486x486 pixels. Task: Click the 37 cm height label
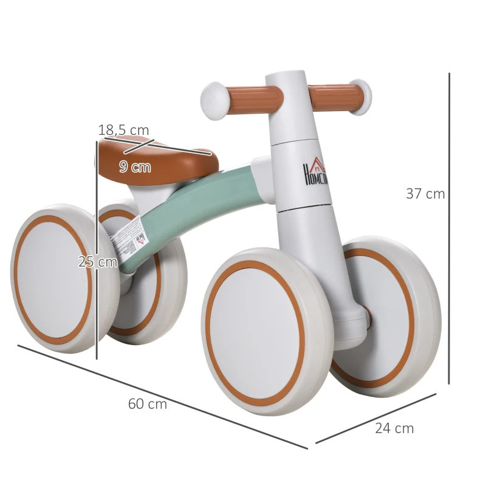click(425, 194)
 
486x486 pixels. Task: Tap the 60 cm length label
click(147, 404)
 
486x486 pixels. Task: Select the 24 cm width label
click(394, 428)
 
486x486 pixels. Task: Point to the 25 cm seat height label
click(97, 262)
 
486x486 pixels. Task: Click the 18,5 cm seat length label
click(123, 130)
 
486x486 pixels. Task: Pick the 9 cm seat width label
click(135, 166)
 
